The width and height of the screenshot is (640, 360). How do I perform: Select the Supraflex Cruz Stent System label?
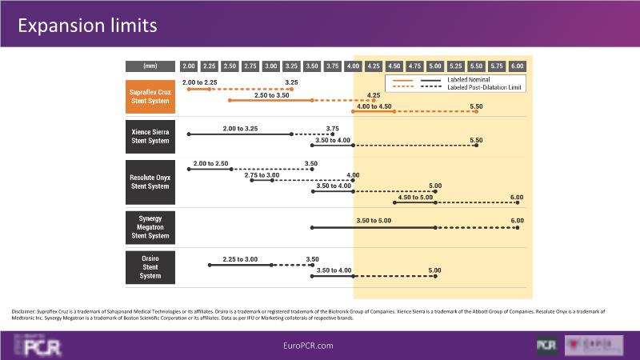coord(150,98)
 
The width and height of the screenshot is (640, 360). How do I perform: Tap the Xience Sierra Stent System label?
coord(150,136)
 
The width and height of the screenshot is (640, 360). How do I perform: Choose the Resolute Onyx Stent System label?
coord(150,182)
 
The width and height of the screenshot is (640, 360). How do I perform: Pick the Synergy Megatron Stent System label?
coord(150,227)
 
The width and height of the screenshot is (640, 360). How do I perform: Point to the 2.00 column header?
coord(189,66)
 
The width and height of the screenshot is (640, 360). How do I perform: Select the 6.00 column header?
coord(517,66)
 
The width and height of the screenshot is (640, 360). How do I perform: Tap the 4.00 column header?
coord(353,66)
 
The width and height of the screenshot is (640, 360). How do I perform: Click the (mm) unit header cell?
coord(150,66)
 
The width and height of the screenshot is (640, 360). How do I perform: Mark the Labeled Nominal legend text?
coord(469,80)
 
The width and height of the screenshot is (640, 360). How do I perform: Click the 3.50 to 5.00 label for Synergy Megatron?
coord(374,220)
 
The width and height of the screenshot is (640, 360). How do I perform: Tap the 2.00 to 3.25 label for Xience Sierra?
coord(240,128)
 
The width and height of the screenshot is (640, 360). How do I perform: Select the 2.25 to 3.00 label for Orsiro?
coord(240,259)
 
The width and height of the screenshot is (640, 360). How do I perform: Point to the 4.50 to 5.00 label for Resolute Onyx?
coord(415,197)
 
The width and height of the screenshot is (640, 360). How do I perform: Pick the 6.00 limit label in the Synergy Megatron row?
coord(517,220)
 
